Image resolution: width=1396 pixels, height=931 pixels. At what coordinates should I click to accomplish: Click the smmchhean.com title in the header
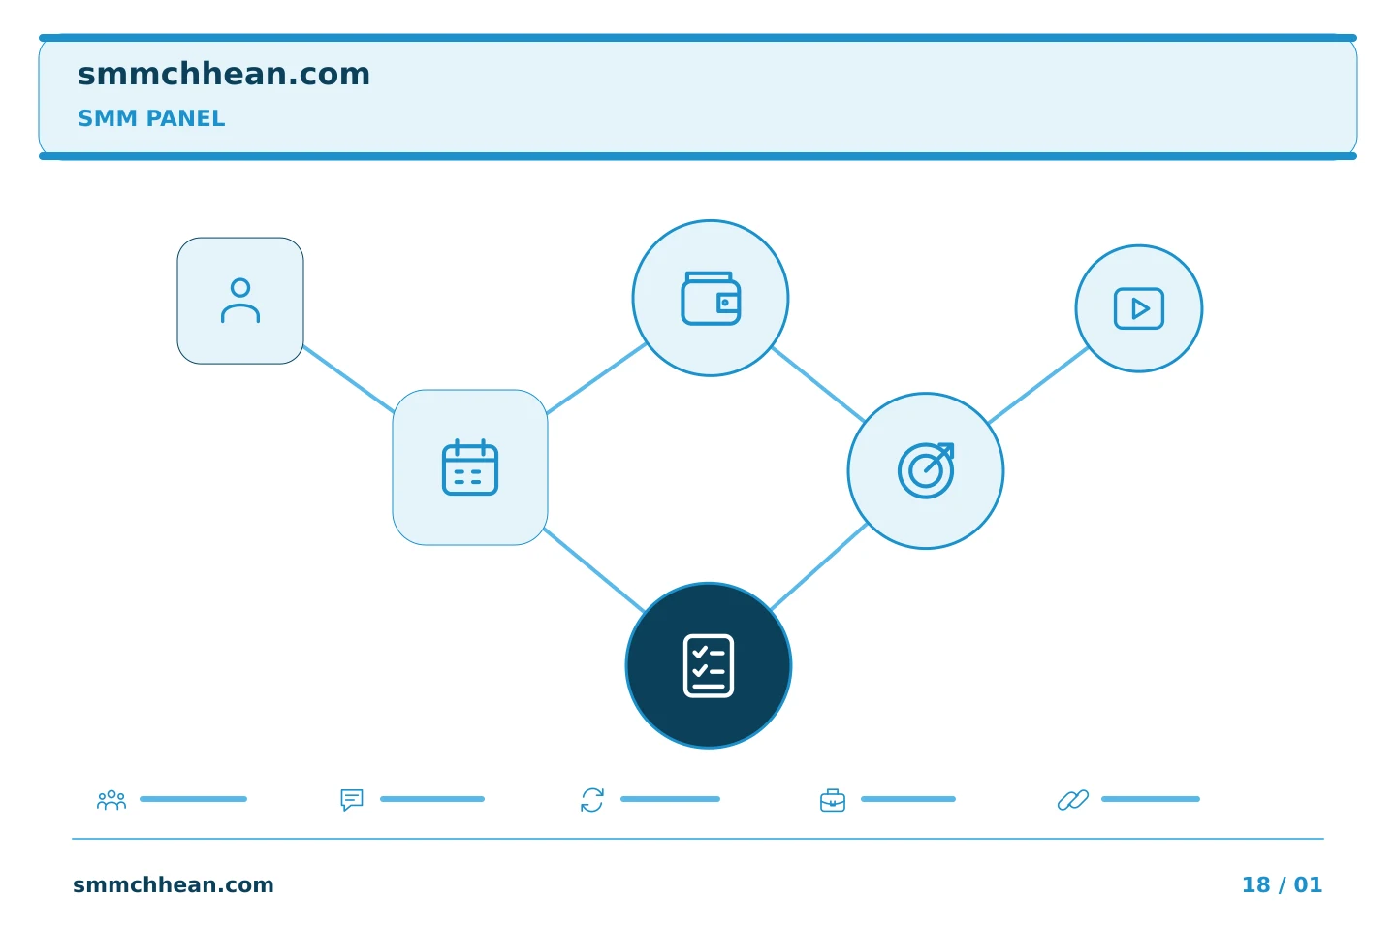224,75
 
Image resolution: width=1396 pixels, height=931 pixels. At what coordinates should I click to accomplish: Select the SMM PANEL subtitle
151,118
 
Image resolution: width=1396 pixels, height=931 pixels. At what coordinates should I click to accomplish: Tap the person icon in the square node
240,301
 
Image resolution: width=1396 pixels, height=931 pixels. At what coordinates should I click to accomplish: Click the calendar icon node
470,467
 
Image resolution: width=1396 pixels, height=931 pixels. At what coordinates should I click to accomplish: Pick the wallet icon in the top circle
711,298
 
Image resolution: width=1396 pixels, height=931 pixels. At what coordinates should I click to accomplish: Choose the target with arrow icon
926,470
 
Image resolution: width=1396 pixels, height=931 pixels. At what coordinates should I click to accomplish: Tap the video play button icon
1138,308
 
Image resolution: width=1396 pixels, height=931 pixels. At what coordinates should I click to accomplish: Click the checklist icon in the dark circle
709,665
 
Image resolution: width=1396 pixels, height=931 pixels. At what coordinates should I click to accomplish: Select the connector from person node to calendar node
348,379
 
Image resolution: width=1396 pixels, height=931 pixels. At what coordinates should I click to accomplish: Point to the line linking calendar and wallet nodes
596,378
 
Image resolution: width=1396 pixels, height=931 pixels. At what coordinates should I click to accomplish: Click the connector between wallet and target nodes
818,385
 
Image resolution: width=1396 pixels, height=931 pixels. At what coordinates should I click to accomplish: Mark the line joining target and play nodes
1038,385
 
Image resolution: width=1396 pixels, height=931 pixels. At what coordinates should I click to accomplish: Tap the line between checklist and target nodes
819,566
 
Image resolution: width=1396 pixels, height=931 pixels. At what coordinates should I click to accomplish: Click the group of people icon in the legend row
111,799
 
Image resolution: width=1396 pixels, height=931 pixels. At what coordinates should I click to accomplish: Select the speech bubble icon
352,799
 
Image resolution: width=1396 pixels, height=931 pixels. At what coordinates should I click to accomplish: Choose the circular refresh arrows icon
592,800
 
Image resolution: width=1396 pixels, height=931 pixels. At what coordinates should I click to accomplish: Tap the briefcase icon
833,800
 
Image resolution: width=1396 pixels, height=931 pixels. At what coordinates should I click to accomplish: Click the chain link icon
1073,800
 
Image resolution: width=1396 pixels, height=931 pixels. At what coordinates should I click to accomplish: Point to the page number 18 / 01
1282,884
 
